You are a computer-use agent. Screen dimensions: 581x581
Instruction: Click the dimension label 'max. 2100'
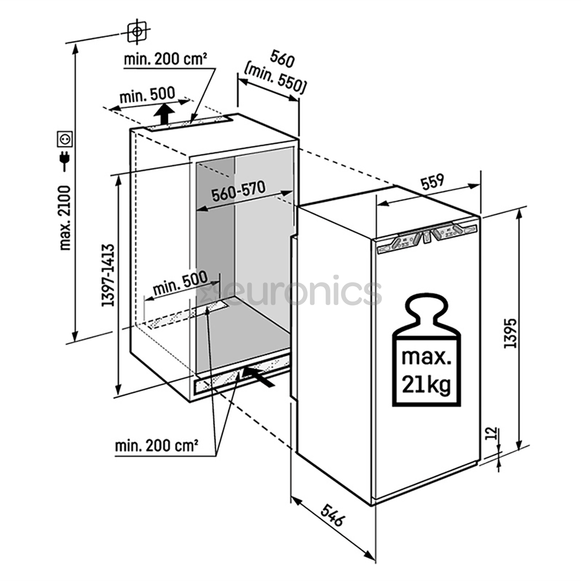point(66,217)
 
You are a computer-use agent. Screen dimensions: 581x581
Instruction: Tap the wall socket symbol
point(66,139)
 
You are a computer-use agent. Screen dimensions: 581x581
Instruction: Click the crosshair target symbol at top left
point(138,32)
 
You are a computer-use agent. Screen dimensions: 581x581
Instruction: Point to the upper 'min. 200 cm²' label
point(166,59)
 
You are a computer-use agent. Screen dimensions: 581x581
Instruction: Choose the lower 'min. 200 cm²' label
point(157,446)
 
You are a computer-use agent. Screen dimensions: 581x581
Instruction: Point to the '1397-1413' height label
point(109,275)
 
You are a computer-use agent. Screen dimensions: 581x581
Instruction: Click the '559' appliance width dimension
point(432,182)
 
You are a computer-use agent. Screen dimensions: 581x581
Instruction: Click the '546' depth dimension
point(333,514)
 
